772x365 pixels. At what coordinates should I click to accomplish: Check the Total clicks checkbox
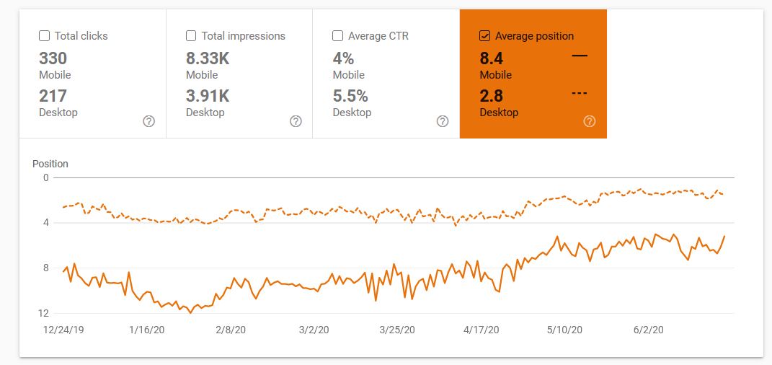click(44, 36)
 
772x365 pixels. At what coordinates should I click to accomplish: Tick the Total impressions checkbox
click(191, 36)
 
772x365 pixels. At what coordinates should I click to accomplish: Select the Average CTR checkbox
click(338, 36)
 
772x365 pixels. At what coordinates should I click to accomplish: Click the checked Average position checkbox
click(484, 36)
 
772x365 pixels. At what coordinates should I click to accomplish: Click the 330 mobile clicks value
click(53, 58)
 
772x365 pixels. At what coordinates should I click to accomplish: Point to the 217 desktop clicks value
click(53, 95)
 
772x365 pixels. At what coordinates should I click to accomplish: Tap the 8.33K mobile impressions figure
click(208, 58)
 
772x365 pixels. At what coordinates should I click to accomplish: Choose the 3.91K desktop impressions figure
click(208, 95)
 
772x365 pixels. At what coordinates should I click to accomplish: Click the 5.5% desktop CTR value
click(350, 95)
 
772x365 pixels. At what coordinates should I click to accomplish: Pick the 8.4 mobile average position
click(492, 58)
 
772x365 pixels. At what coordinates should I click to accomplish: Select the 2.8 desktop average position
click(492, 95)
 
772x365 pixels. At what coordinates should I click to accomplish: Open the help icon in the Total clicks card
click(148, 121)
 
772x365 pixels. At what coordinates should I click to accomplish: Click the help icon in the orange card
click(590, 121)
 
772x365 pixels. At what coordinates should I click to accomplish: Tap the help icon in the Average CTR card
click(443, 121)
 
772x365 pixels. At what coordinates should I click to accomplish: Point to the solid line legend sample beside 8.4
click(580, 56)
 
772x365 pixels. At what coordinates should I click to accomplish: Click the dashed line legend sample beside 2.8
click(580, 92)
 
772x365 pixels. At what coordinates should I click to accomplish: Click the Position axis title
click(50, 164)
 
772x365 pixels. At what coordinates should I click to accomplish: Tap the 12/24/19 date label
click(64, 330)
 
